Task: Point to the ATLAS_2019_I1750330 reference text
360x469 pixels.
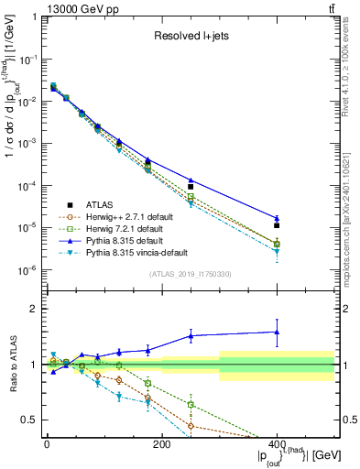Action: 190,273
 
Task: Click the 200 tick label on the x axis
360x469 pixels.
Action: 161,444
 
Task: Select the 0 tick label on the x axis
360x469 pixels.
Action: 47,444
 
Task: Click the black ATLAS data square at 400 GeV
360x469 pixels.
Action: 277,224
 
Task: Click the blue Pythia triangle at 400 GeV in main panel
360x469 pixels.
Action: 277,218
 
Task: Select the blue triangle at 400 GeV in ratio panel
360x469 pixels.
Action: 277,332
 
